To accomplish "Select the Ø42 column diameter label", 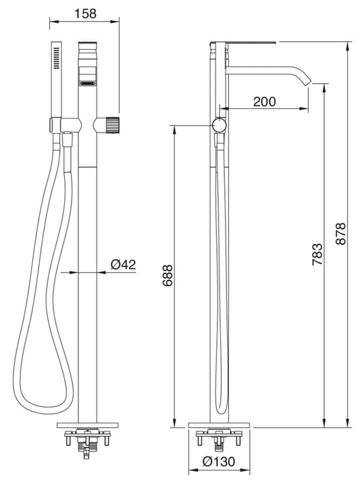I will click(124, 264).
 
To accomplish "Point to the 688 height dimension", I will click(167, 275).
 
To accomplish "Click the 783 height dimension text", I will click(317, 252).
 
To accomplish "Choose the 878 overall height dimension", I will click(340, 234).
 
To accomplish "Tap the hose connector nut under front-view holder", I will click(68, 141).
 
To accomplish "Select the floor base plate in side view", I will click(220, 427).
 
